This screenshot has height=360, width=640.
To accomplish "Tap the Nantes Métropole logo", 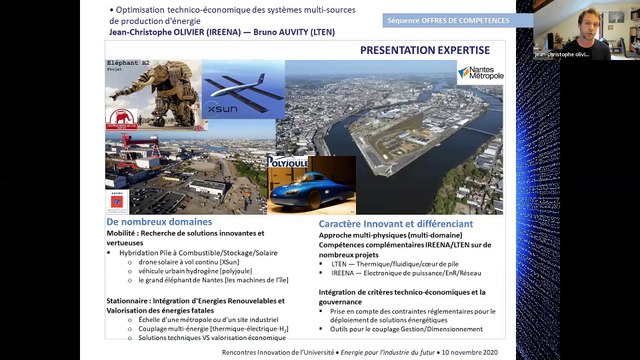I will tap(481, 73).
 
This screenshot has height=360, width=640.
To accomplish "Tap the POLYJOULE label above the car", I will tap(286, 161).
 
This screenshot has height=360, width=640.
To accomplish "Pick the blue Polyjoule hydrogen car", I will tap(305, 189).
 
